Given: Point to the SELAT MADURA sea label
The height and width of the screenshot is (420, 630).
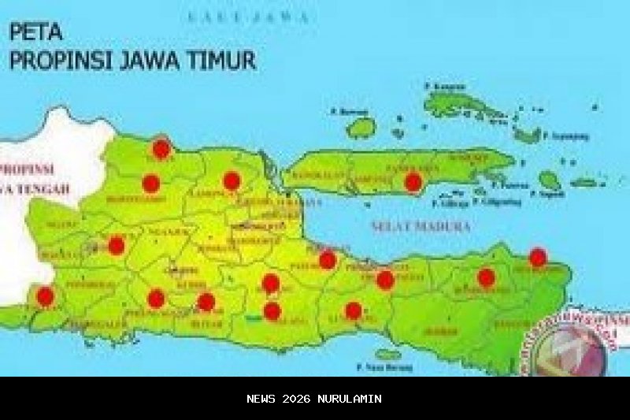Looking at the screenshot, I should pyautogui.click(x=421, y=227).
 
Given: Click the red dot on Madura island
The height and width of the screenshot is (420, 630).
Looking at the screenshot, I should pyautogui.click(x=413, y=183).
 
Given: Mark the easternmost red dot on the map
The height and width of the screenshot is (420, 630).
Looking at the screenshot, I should pyautogui.click(x=538, y=257).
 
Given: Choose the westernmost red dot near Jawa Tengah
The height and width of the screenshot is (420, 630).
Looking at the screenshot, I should pyautogui.click(x=45, y=296).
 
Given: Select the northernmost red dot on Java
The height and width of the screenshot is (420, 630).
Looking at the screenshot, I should pyautogui.click(x=161, y=148).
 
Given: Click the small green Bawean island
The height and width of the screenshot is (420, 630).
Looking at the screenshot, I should pyautogui.click(x=361, y=127).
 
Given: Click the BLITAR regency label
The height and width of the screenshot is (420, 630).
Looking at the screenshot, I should pyautogui.click(x=206, y=323).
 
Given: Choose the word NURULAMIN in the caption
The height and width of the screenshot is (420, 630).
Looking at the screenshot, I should pyautogui.click(x=350, y=399).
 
